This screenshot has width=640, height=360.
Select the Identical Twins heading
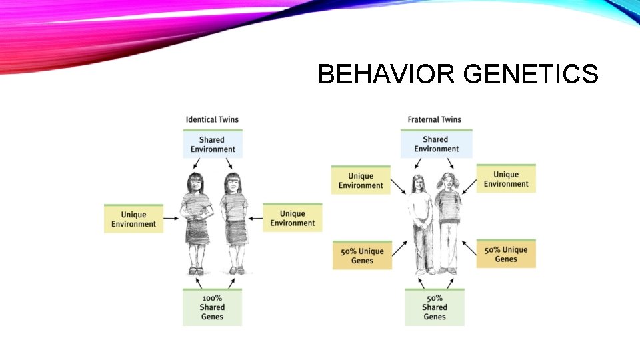click(x=212, y=120)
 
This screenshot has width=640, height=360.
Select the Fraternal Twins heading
click(x=435, y=120)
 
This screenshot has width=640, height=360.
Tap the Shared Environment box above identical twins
click(x=212, y=145)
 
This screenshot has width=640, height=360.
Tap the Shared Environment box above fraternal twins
click(x=435, y=144)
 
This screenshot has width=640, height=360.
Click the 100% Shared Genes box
click(x=212, y=307)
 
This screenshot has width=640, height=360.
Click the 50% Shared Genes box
click(x=435, y=307)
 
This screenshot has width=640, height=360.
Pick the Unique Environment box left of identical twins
click(x=133, y=219)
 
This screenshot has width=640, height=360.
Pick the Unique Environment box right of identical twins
click(x=292, y=218)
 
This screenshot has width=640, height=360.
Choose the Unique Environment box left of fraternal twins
click(x=361, y=181)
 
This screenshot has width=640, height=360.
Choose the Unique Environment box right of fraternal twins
click(x=506, y=179)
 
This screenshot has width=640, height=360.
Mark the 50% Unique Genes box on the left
click(x=362, y=256)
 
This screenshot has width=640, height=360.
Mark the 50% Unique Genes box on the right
click(x=506, y=255)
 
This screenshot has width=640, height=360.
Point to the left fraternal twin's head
click(x=418, y=181)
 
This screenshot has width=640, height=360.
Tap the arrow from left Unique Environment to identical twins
click(x=172, y=218)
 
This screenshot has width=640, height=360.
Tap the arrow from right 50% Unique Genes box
click(x=469, y=249)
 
